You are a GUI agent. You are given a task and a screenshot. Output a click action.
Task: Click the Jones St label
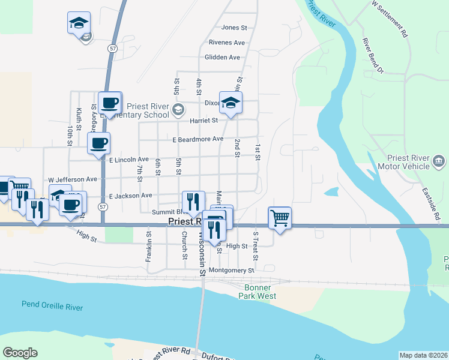click(x=234, y=28)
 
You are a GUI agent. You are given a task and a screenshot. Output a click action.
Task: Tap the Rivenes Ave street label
click(x=227, y=43)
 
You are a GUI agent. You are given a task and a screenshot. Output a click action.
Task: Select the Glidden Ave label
click(x=222, y=58)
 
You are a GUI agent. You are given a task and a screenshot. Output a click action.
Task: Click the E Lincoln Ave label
click(x=128, y=160)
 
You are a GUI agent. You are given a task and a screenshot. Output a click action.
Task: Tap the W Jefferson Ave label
click(x=73, y=179)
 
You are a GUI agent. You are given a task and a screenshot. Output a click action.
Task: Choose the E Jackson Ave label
click(x=130, y=196)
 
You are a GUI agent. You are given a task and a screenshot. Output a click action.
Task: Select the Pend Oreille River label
click(x=52, y=305)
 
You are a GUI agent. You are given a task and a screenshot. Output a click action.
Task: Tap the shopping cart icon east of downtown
click(x=280, y=217)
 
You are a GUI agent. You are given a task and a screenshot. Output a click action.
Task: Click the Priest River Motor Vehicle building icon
click(x=439, y=161)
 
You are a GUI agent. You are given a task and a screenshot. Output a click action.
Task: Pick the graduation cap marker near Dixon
click(x=231, y=103)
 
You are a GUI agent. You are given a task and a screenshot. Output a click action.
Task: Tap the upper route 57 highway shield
click(x=112, y=47)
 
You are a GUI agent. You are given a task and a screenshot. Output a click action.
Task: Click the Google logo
click(x=20, y=353)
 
